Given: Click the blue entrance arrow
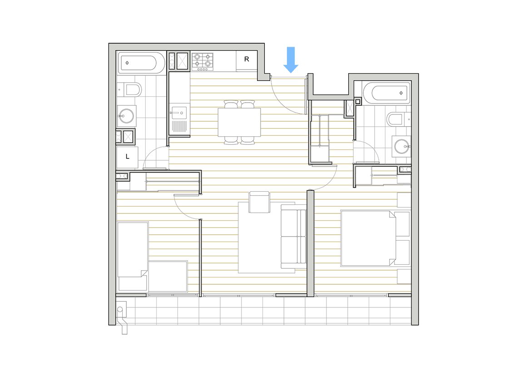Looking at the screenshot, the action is [x=291, y=60].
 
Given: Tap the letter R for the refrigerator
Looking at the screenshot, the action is [x=247, y=59].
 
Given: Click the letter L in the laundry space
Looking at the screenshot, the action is [x=128, y=156].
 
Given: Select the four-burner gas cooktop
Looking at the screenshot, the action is [x=203, y=62].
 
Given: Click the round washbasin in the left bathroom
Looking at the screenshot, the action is [x=127, y=116].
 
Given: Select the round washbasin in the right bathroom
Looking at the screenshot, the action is [x=401, y=147].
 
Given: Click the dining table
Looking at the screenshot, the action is [x=239, y=122].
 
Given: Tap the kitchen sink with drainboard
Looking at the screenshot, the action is [x=179, y=118].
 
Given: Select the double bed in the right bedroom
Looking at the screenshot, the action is [x=376, y=238].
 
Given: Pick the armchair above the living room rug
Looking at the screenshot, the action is [x=259, y=202].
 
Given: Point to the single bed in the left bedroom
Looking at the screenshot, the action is [x=133, y=257].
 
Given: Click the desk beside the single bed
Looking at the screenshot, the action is [x=168, y=277].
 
